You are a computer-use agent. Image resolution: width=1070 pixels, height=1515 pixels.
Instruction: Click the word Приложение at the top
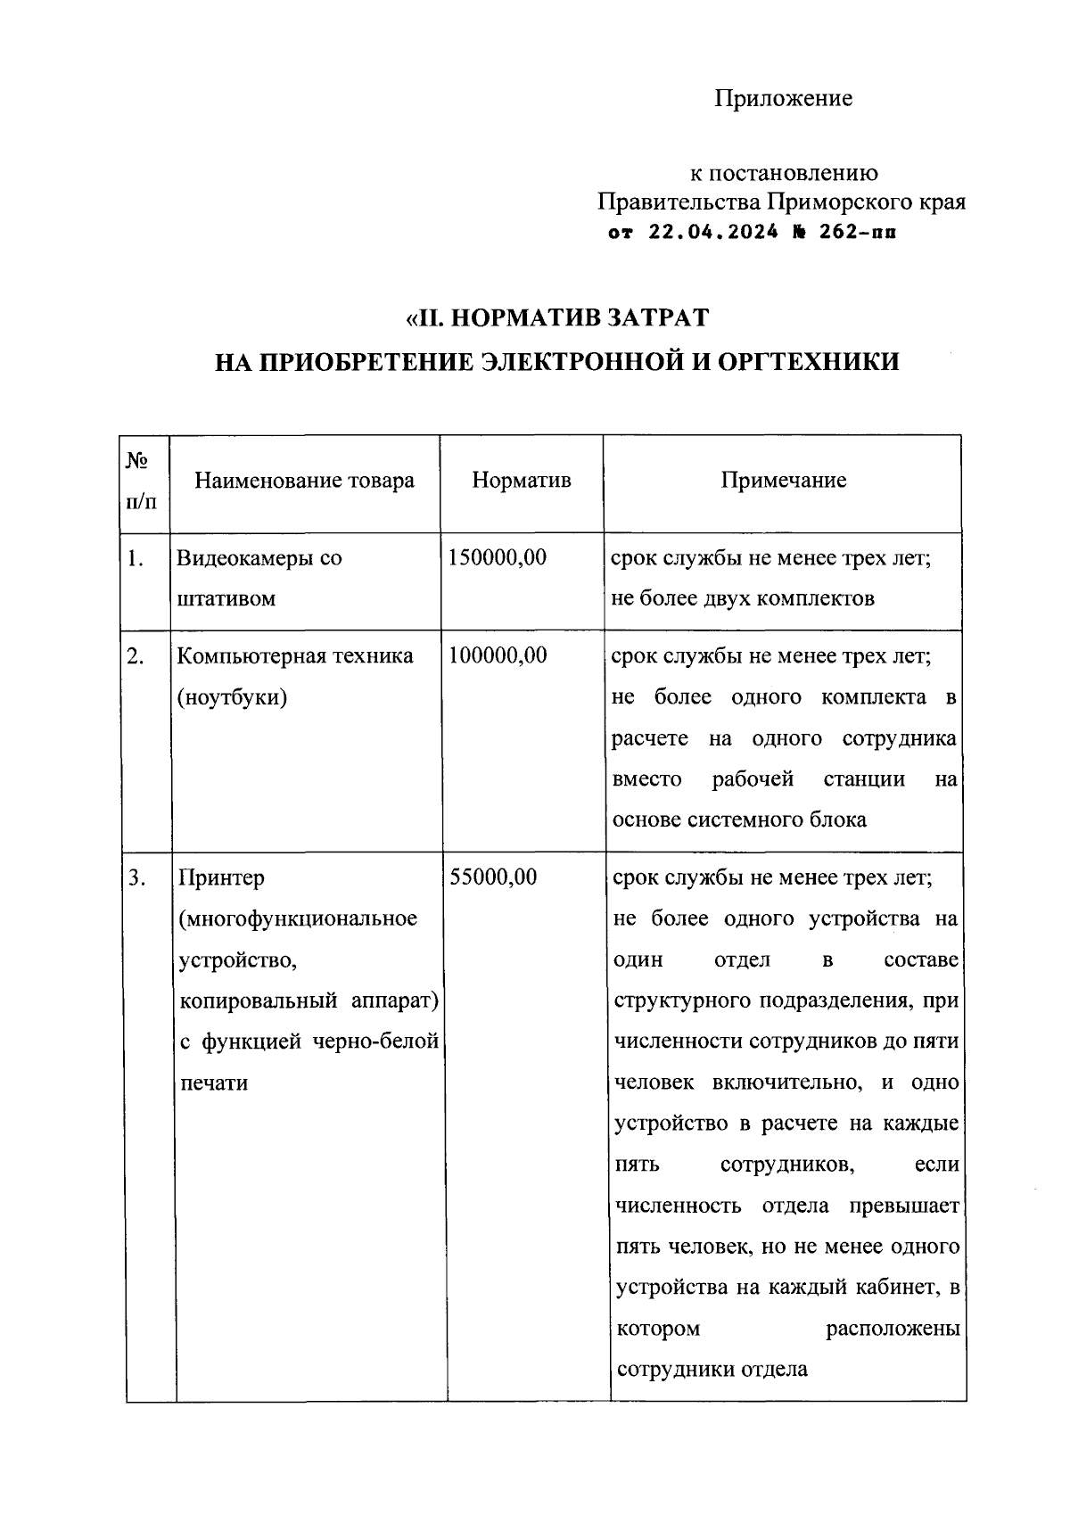783,98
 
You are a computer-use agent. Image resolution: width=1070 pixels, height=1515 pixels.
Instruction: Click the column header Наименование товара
305,481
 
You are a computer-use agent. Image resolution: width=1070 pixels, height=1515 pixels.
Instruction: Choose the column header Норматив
522,481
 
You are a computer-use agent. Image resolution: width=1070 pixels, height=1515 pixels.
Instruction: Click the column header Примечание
783,481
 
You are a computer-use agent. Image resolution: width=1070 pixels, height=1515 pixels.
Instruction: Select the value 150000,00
498,558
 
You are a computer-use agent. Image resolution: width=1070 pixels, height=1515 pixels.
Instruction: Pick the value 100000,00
498,656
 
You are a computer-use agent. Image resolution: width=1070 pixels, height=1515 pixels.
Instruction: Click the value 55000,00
493,877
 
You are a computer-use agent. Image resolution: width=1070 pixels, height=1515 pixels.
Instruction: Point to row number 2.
135,656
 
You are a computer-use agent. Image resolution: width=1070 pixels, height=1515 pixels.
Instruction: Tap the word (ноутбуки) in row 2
232,697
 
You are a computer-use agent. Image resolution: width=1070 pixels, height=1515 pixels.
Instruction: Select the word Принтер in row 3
222,877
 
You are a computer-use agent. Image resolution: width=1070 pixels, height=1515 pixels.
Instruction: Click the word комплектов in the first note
818,599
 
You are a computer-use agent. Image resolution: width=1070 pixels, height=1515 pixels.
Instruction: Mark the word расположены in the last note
893,1329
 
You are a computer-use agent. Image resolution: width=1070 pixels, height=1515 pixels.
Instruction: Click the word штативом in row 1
226,599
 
